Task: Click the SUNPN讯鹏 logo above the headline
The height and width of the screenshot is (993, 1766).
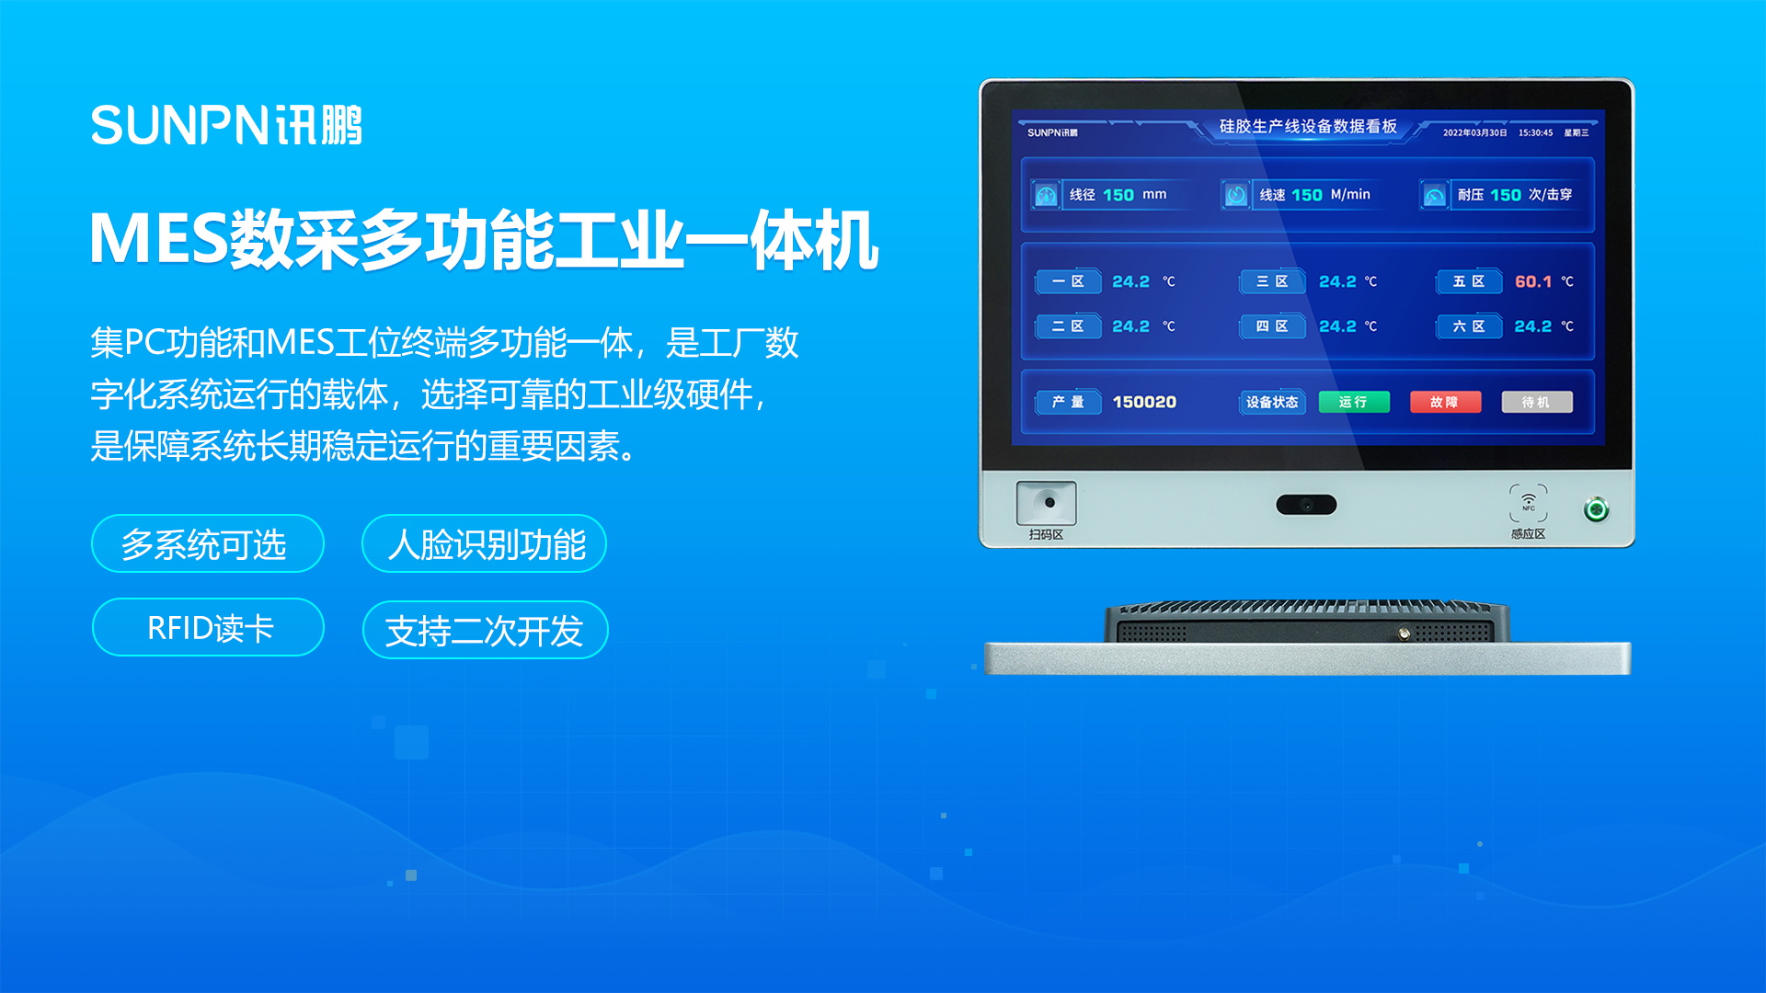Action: point(226,125)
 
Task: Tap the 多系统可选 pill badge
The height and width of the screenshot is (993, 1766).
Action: point(208,543)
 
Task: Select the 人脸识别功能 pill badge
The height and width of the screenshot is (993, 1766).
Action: point(485,543)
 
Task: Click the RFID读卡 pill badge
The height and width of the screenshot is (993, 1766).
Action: point(208,627)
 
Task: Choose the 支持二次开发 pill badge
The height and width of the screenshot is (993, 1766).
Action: point(486,630)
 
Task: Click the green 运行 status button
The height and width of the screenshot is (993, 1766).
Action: point(1353,402)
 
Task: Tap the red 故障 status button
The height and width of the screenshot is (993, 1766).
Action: point(1445,402)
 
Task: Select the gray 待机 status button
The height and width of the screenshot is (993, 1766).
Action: point(1536,402)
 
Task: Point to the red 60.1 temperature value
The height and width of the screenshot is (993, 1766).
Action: point(1533,281)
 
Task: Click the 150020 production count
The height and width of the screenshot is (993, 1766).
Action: point(1144,402)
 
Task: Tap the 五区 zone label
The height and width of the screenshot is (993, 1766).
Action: point(1469,281)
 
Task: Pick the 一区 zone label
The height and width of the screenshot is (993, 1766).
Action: point(1068,281)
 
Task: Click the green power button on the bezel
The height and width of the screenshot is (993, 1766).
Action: point(1596,508)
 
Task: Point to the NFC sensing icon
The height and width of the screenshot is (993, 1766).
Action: point(1528,503)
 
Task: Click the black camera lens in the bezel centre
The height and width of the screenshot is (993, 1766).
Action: point(1306,504)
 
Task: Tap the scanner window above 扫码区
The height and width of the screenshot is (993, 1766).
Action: point(1046,503)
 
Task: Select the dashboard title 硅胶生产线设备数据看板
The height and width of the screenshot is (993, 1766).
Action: point(1308,126)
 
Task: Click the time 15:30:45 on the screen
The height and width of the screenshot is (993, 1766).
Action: point(1535,133)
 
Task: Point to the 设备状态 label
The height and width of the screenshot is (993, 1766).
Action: point(1272,402)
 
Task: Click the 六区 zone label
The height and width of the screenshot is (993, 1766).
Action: point(1469,326)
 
